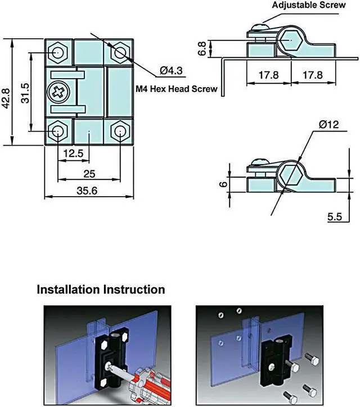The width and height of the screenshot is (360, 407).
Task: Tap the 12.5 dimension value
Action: [x=73, y=153]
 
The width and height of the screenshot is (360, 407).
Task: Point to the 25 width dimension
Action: [x=89, y=173]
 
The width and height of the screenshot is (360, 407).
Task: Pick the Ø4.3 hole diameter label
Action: [x=171, y=70]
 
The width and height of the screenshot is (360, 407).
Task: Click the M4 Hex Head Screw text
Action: [x=177, y=89]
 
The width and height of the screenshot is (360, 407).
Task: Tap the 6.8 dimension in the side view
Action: [x=202, y=48]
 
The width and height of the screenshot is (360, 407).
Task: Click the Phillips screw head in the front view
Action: [x=57, y=92]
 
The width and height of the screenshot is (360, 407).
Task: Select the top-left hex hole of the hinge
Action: [x=58, y=52]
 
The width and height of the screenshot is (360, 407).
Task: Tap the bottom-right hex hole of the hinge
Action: [x=119, y=132]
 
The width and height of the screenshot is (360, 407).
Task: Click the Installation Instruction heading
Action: [x=101, y=290]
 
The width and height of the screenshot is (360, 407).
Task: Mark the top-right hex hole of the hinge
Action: [x=119, y=52]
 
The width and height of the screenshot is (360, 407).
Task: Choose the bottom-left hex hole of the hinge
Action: [x=58, y=132]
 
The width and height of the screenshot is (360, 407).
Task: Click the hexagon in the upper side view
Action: [x=290, y=41]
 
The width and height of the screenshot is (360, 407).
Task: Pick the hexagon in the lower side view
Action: [x=290, y=176]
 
